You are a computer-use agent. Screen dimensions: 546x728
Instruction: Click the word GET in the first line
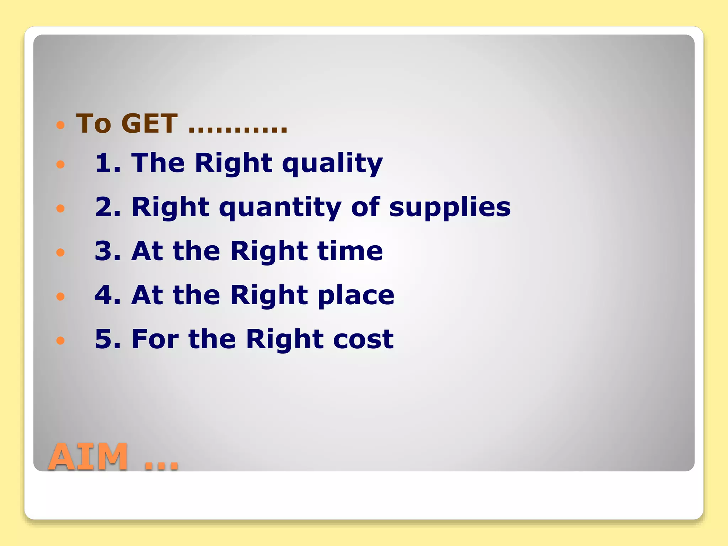point(149,124)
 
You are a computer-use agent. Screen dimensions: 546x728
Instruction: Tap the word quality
point(332,164)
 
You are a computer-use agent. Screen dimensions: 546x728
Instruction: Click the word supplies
point(450,208)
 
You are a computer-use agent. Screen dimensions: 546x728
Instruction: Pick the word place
point(356,296)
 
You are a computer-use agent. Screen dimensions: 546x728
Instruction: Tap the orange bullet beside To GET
point(60,125)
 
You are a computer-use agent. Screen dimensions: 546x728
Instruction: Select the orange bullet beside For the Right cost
point(60,341)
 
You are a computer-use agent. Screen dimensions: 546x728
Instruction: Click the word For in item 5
point(155,339)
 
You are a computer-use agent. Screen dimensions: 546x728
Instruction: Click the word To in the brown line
point(93,124)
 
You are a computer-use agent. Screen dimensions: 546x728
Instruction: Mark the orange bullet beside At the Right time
point(60,252)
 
